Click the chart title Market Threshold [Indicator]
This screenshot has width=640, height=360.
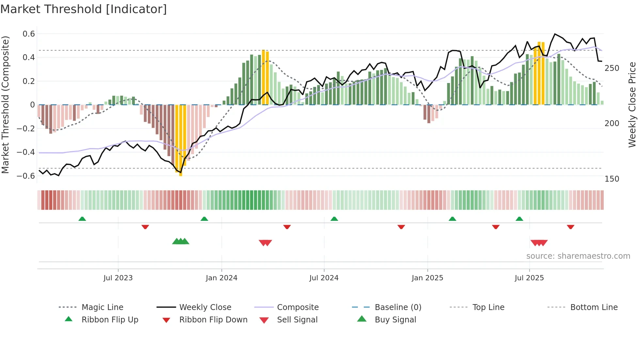84,9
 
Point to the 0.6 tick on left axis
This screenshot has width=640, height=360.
29,34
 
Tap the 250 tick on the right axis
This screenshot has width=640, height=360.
612,68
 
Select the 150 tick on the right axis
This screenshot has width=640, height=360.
612,179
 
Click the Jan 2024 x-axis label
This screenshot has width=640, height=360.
221,278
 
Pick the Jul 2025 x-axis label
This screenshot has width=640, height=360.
529,278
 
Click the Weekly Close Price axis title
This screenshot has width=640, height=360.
632,105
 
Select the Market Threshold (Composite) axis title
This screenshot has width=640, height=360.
5,105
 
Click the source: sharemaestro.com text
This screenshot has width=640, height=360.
578,256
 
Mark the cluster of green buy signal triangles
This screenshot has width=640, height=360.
181,241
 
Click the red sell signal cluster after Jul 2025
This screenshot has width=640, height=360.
539,243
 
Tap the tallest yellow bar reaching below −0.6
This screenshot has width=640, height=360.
181,140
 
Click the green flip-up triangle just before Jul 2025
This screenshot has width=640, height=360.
519,219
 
